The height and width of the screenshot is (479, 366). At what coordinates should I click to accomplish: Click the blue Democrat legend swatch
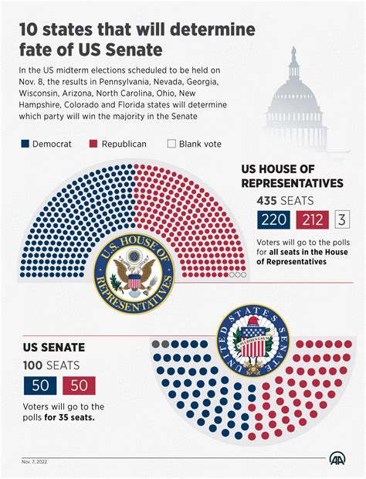(25, 144)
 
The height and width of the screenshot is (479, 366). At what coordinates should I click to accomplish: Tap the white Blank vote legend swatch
(171, 144)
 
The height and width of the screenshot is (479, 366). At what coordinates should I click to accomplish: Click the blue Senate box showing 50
(39, 385)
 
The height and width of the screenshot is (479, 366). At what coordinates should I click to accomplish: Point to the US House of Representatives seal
(134, 275)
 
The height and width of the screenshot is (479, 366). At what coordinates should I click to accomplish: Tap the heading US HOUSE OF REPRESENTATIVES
(292, 176)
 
